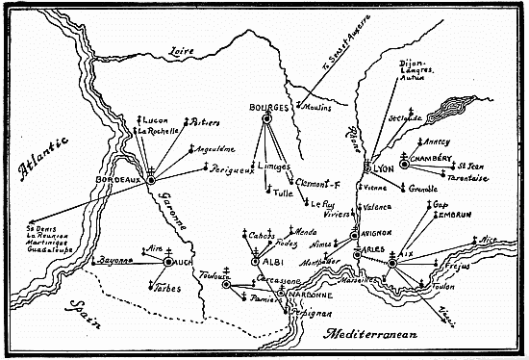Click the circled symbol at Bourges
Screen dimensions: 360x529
click(268, 118)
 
